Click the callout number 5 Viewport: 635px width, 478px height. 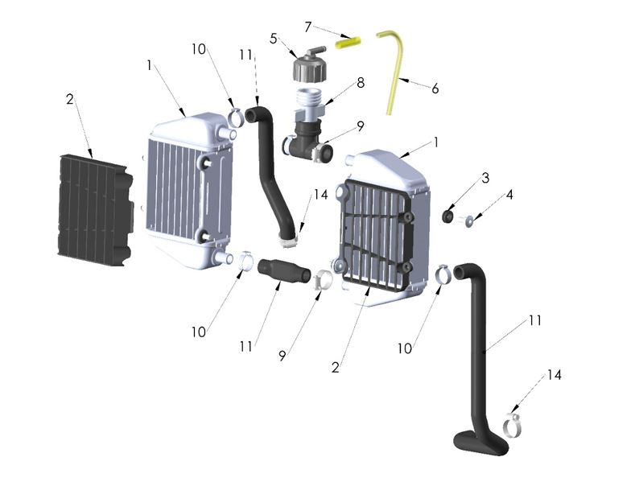pyautogui.click(x=274, y=38)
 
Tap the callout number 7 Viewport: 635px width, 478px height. pyautogui.click(x=307, y=27)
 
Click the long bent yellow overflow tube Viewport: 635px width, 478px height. pyautogui.click(x=396, y=64)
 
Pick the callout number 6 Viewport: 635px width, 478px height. pyautogui.click(x=435, y=89)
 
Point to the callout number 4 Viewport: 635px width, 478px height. pyautogui.click(x=509, y=194)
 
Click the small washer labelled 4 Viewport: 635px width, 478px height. pyautogui.click(x=467, y=218)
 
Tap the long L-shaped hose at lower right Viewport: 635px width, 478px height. pyautogui.click(x=484, y=354)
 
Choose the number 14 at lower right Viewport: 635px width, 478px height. pyautogui.click(x=554, y=375)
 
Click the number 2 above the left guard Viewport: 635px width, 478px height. pyautogui.click(x=70, y=99)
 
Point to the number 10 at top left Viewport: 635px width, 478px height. pyautogui.click(x=199, y=48)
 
